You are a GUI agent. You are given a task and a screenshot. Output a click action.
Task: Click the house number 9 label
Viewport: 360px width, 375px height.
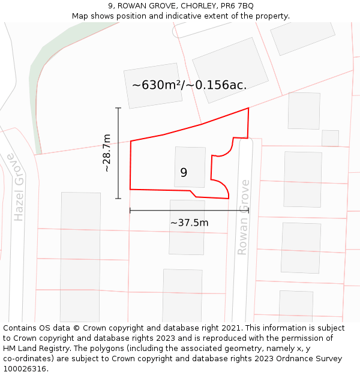tap(184, 173)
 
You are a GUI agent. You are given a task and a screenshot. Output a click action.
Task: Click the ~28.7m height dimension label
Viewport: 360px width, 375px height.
tap(106, 154)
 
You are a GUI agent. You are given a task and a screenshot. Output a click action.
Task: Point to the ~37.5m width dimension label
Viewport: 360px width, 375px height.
tap(189, 223)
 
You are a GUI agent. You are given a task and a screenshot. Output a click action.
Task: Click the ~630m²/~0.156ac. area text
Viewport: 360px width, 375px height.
tap(189, 85)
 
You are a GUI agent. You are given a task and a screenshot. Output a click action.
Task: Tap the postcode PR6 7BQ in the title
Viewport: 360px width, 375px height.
tap(237, 6)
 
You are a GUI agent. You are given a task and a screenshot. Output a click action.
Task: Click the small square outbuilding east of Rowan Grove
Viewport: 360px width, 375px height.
tap(330, 138)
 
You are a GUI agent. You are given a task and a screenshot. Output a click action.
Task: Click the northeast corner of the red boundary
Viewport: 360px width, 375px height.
tap(248, 109)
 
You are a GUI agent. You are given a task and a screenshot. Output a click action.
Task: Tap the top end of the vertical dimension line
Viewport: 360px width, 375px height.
tap(118, 108)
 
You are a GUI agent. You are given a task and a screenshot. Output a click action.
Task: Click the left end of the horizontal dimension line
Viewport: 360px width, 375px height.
tap(130, 211)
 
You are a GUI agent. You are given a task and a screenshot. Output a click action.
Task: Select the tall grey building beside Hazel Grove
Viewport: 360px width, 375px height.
tap(80, 256)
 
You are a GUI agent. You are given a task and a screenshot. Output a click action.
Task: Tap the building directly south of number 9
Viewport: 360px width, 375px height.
tap(187, 227)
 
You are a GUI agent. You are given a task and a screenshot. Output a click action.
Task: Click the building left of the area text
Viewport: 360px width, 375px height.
tap(153, 86)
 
